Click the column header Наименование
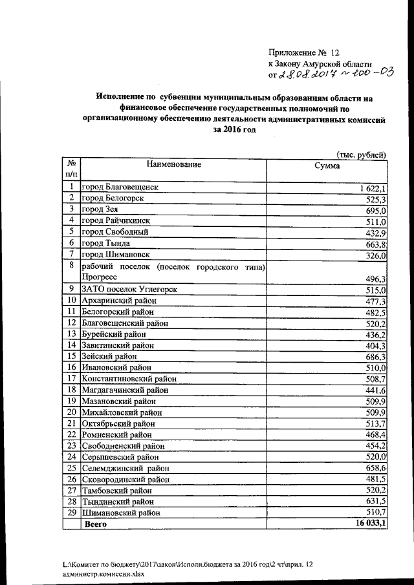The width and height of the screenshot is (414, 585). (174, 164)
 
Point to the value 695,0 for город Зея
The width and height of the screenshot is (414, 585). (376, 211)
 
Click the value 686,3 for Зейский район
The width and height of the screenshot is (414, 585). (376, 356)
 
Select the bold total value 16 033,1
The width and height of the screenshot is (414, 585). (369, 524)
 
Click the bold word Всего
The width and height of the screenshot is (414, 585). (96, 525)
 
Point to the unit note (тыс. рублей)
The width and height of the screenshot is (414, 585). (362, 153)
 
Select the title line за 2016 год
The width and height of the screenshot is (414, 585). (231, 130)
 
